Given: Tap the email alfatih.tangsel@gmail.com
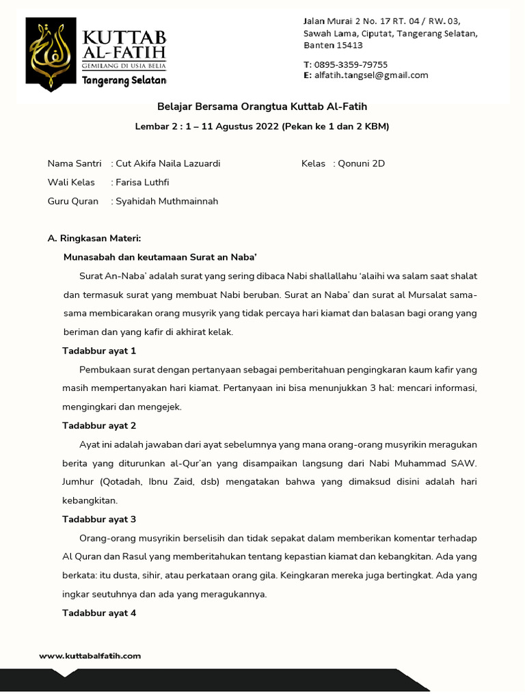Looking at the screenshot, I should point(371,75).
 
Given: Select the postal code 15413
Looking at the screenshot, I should point(349,45).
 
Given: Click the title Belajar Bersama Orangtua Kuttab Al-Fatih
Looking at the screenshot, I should point(262,107).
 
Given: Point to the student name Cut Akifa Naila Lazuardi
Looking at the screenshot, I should point(168,164).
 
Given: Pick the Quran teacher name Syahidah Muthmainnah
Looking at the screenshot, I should point(167,201).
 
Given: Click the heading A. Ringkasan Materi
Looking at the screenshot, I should point(94,239).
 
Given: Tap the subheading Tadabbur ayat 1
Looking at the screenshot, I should point(99,351).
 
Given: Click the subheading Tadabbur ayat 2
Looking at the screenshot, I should point(99,425).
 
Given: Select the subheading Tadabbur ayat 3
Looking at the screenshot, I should point(99,519).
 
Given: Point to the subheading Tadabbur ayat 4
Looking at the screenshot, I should point(99,612).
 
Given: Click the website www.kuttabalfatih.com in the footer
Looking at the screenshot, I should point(90,656).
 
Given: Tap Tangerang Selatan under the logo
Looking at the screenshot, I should point(124,81).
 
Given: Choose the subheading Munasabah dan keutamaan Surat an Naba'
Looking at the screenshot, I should point(159,257).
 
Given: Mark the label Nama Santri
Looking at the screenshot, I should point(75,164).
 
